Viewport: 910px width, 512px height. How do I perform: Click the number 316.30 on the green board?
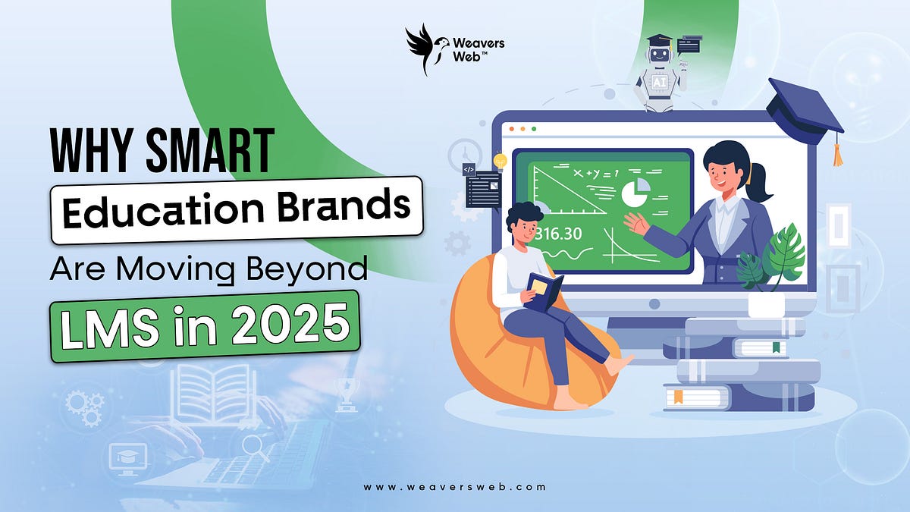(558, 233)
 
